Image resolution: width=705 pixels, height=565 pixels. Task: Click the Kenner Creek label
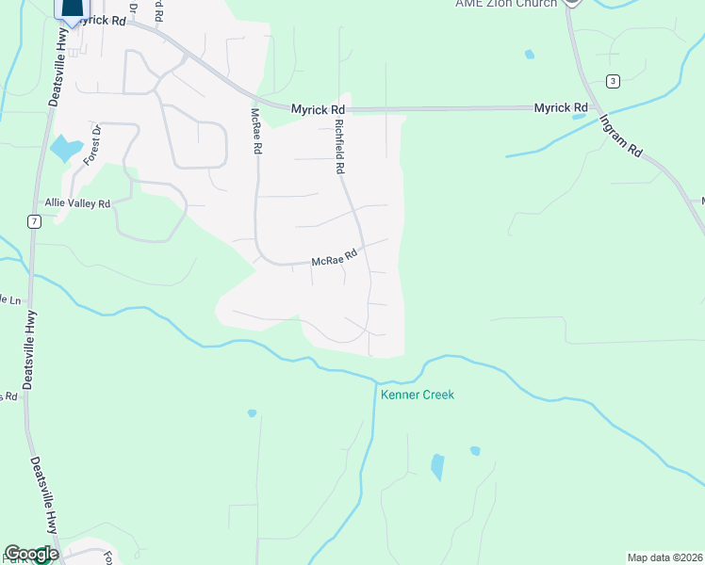pos(417,395)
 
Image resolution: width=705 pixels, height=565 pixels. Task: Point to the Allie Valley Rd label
pos(77,203)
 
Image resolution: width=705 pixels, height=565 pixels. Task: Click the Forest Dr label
pos(91,144)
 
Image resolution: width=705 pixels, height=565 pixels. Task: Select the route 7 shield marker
pos(34,221)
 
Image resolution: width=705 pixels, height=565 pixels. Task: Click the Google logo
pos(30,554)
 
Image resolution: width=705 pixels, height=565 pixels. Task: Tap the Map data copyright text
pos(664,557)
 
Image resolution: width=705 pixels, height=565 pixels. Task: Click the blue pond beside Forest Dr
pos(65,148)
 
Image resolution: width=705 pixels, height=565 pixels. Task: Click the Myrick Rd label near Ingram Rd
pos(561,108)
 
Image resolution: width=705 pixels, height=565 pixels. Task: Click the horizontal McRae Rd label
pos(336,257)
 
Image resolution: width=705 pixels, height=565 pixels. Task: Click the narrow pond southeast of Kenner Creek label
pos(437,467)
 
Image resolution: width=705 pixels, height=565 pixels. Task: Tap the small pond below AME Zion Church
pos(529,55)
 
